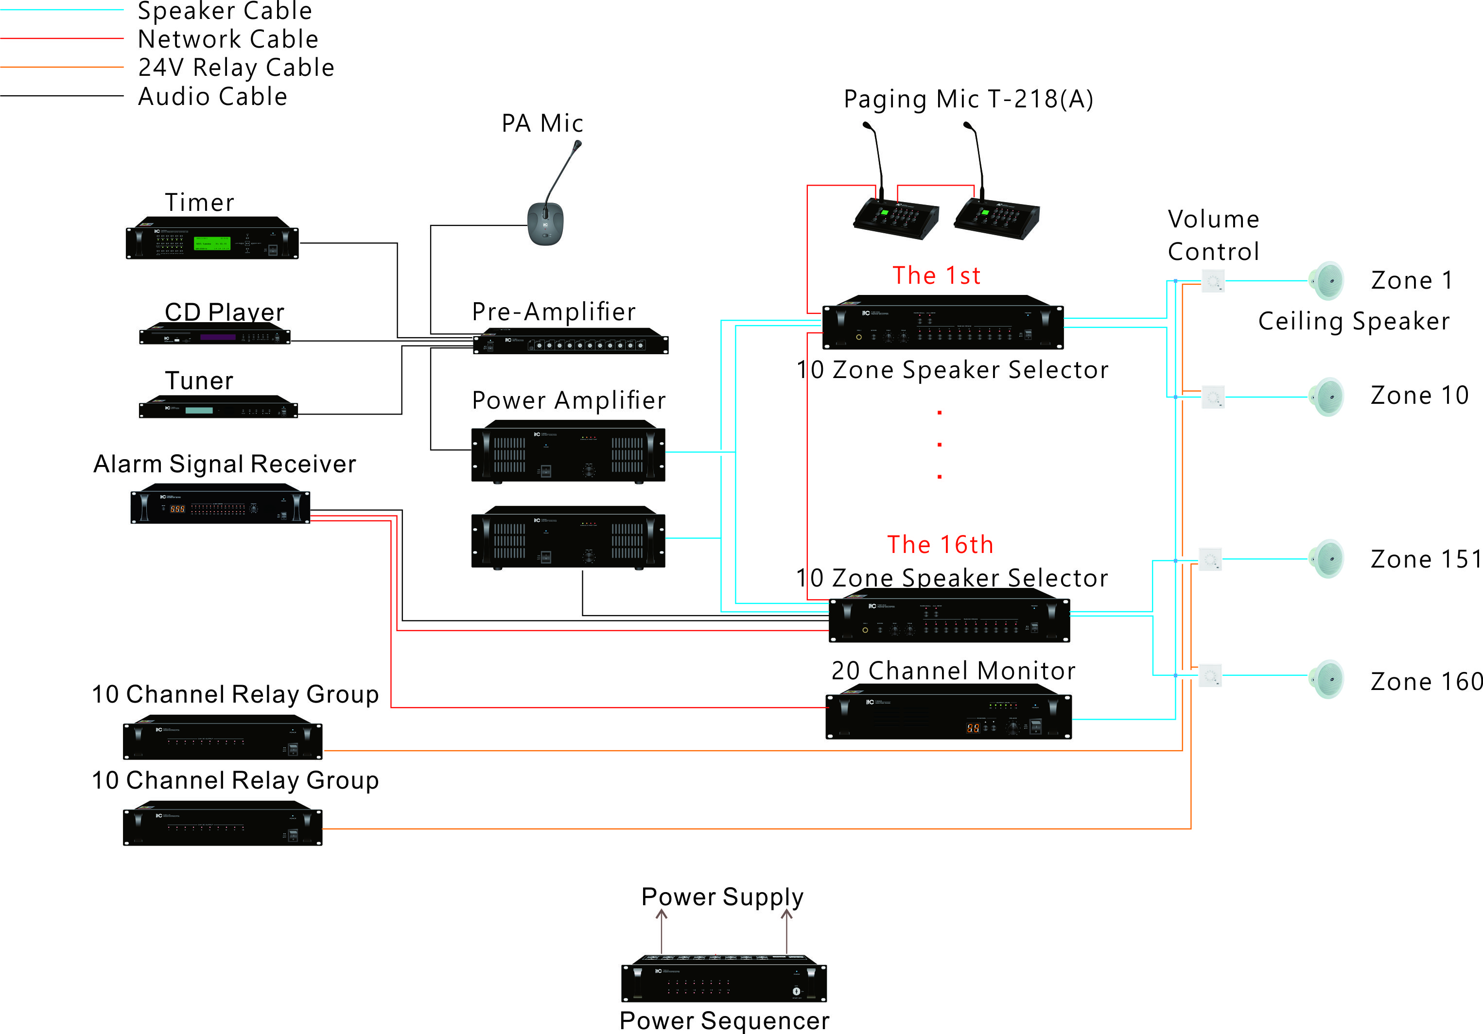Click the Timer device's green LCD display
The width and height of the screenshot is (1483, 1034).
coord(212,243)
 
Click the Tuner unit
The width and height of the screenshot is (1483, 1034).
coord(218,408)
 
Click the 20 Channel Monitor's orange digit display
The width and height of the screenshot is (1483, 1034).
coord(973,728)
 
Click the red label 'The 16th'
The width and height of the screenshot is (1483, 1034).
coord(940,544)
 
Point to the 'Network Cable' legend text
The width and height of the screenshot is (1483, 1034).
coord(228,39)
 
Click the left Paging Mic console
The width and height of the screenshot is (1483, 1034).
coord(896,218)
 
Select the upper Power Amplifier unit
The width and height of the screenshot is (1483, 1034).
coord(568,453)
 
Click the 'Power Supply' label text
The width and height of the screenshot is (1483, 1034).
coord(722,896)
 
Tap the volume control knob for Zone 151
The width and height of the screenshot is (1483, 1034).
coord(1210,559)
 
